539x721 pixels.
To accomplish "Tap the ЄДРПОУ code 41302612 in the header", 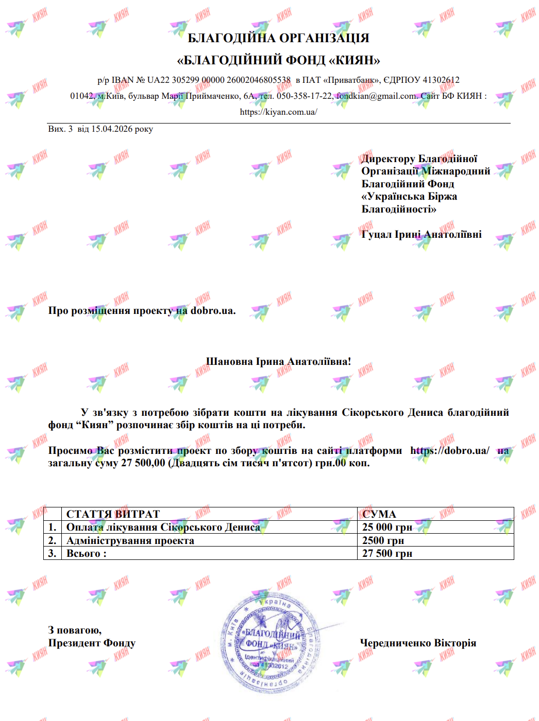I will tap(441, 80).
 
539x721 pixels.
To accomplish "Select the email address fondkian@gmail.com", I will tap(376, 96).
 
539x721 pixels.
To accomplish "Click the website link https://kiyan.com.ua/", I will tap(278, 112).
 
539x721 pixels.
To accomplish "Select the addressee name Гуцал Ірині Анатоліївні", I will tap(422, 234).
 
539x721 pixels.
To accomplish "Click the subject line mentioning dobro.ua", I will tap(142, 310).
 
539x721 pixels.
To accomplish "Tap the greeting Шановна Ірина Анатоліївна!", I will tap(278, 361).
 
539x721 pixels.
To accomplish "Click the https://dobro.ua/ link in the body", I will tap(449, 450).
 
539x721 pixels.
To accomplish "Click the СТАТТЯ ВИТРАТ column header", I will tap(113, 514).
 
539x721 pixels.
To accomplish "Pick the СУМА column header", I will tap(379, 514).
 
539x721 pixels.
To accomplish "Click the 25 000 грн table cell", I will tap(387, 527).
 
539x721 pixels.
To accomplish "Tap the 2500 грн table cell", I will tap(383, 540).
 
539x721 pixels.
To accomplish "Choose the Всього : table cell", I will tap(86, 553).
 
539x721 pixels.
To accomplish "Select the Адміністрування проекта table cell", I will tap(130, 540).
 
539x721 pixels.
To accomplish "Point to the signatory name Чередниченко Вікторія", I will tap(418, 643).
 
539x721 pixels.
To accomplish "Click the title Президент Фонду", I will tap(92, 643).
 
